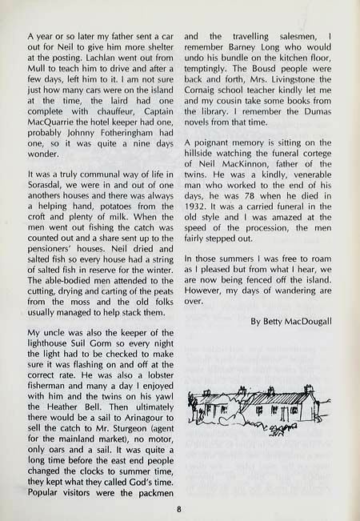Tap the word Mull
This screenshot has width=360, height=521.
[38, 73]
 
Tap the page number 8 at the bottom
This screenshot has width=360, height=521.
[180, 506]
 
